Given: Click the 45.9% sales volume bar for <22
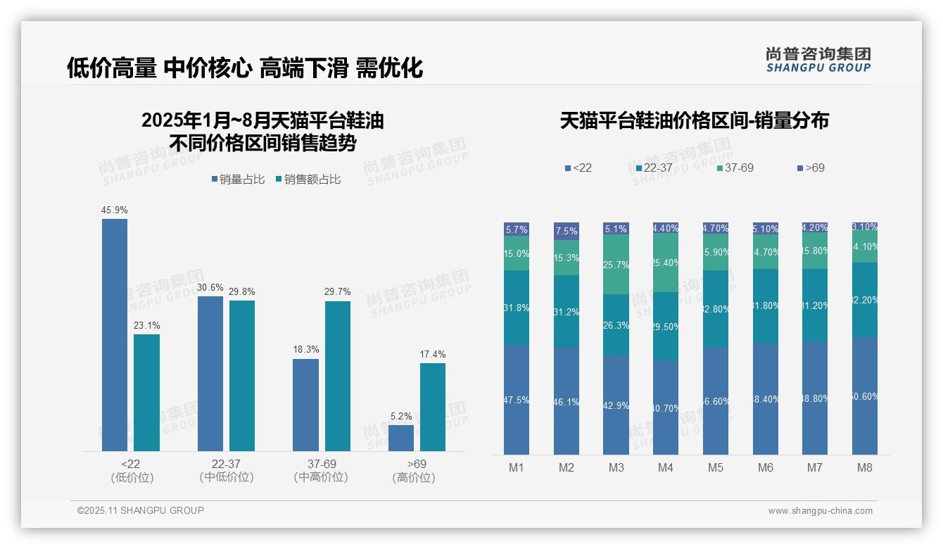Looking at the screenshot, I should pyautogui.click(x=115, y=334).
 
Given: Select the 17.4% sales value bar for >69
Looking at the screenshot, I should pyautogui.click(x=433, y=407).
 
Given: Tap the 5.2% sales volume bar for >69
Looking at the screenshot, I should pyautogui.click(x=401, y=438).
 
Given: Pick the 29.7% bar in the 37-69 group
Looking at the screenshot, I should pyautogui.click(x=338, y=376).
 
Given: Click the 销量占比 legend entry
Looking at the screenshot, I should pyautogui.click(x=238, y=179).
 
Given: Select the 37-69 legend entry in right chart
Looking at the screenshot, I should pyautogui.click(x=735, y=168).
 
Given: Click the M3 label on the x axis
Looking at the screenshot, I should pyautogui.click(x=616, y=467).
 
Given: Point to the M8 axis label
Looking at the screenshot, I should pyautogui.click(x=865, y=467).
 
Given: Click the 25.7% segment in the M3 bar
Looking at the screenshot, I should pyautogui.click(x=616, y=264).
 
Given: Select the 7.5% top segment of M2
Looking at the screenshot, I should pyautogui.click(x=566, y=232).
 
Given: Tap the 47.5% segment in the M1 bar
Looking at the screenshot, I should pyautogui.click(x=517, y=399).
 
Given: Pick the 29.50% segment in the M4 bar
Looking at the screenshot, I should pyautogui.click(x=666, y=326).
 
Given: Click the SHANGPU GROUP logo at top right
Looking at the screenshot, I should pyautogui.click(x=818, y=59).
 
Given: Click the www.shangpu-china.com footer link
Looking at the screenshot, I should pyautogui.click(x=820, y=511).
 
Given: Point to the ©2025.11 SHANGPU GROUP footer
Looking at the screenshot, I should pyautogui.click(x=140, y=510).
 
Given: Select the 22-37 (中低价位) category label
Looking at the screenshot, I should pyautogui.click(x=226, y=471).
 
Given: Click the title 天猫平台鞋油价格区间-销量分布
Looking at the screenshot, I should pyautogui.click(x=694, y=121).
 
